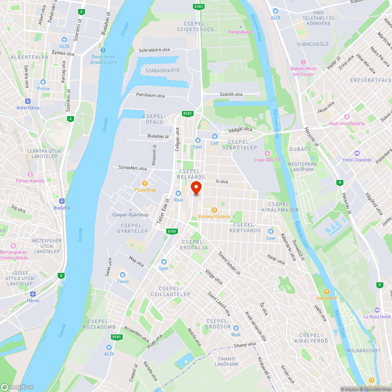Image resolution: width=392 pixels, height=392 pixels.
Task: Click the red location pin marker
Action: point(196,188)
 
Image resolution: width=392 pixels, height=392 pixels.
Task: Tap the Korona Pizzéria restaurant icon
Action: point(214,210)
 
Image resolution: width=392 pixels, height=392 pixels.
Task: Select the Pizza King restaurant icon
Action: point(145,183)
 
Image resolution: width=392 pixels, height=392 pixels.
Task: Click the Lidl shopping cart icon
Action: point(214,136)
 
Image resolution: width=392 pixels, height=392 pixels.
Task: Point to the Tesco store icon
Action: point(122,275)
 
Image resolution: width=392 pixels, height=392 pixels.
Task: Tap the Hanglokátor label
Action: point(240,32)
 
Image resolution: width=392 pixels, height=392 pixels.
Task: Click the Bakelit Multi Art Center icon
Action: point(303,62)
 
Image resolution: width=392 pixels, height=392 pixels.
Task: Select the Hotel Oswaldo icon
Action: point(357,153)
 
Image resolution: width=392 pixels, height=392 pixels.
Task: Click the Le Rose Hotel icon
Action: point(377,310)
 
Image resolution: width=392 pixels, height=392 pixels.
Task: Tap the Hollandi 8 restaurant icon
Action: point(327,292)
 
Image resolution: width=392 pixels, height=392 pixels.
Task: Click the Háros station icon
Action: point(33,294)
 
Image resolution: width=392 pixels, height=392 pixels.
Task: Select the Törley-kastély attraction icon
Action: point(30,174)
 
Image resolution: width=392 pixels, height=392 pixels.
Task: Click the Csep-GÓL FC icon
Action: point(267,153)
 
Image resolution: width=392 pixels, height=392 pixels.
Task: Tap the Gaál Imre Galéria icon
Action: point(347,117)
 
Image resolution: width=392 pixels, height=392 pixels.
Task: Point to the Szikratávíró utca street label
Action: point(154,50)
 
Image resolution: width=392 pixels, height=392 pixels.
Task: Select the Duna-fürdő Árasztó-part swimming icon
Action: point(103,50)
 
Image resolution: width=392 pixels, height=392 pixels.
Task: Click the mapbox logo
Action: point(17,387)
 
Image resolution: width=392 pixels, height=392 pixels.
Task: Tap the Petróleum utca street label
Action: point(150,96)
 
